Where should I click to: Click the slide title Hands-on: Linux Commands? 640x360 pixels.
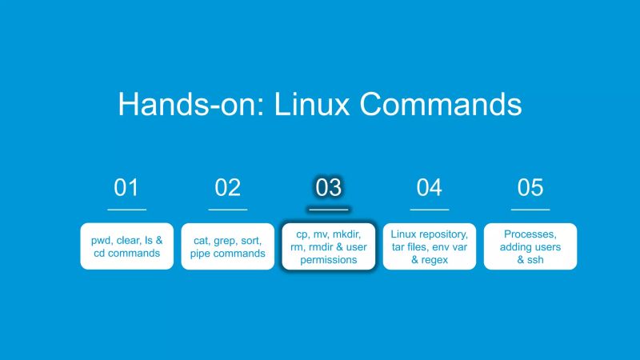(320, 105)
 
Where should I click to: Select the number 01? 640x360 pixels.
(126, 188)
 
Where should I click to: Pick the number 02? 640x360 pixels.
(227, 188)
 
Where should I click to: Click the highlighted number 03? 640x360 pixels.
(328, 188)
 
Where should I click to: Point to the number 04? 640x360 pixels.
(429, 188)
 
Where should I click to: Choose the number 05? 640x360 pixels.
(530, 188)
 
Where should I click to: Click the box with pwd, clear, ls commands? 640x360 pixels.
(126, 246)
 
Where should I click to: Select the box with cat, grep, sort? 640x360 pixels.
(227, 246)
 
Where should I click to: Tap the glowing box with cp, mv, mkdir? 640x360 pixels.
(328, 246)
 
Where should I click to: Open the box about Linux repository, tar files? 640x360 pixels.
(429, 246)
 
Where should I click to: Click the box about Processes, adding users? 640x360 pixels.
(530, 246)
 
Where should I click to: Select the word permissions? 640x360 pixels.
(328, 260)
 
